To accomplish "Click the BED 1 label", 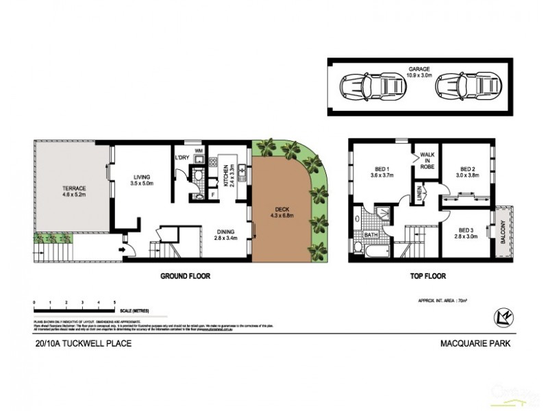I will click(x=382, y=173).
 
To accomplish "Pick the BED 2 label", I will click(x=467, y=173).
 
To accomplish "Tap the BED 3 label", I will click(x=466, y=233).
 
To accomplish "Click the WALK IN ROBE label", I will click(x=427, y=160).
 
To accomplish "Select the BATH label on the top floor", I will click(x=371, y=235).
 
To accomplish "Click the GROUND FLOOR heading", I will click(x=185, y=277).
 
